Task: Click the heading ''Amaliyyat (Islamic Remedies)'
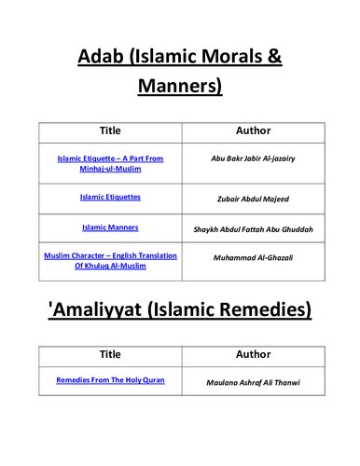point(179,308)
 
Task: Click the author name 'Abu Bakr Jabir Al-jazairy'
point(253,158)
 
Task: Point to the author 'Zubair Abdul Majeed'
point(253,199)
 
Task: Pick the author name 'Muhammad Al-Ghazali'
point(253,257)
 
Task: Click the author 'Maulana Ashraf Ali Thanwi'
point(253,382)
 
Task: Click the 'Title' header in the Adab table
point(109,130)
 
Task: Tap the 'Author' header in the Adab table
point(253,130)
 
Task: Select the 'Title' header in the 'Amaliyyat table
point(109,355)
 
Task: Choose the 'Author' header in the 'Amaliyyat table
point(253,355)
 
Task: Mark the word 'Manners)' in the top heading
point(179,88)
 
